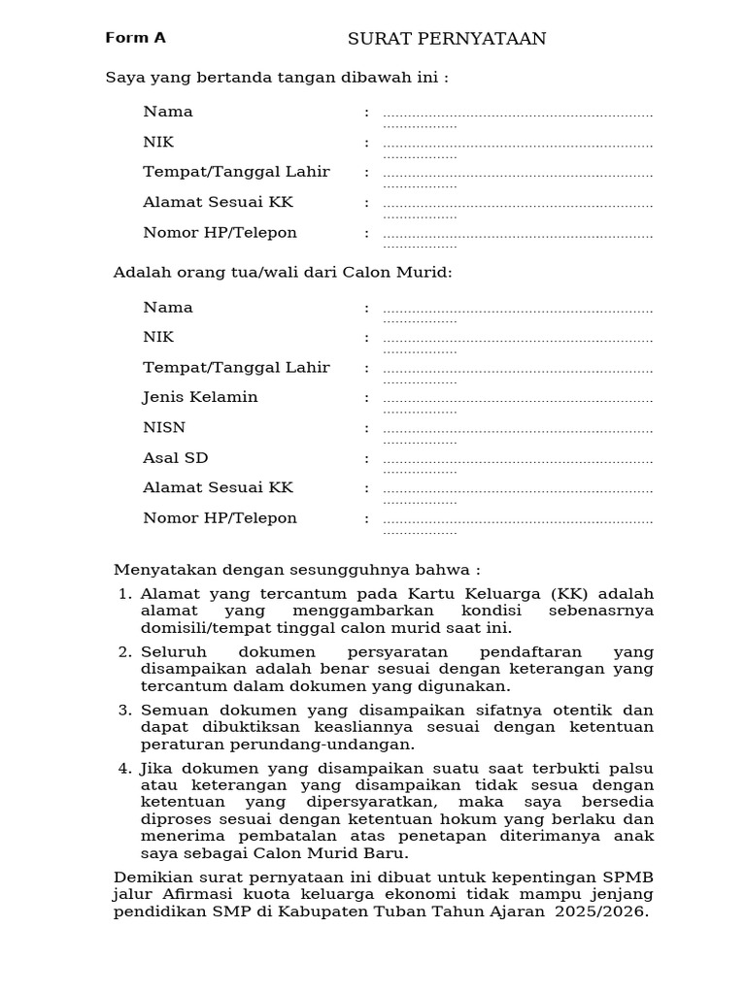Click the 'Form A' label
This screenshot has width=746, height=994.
135,38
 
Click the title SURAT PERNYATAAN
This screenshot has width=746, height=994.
447,39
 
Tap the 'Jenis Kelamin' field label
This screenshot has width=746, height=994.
200,397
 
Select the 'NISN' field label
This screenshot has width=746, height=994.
164,427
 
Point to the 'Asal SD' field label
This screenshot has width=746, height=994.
175,457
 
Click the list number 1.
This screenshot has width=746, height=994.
123,594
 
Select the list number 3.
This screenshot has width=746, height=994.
123,710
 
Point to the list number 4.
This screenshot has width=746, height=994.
123,768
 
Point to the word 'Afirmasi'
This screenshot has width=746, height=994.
192,894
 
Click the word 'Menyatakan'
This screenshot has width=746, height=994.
156,569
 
